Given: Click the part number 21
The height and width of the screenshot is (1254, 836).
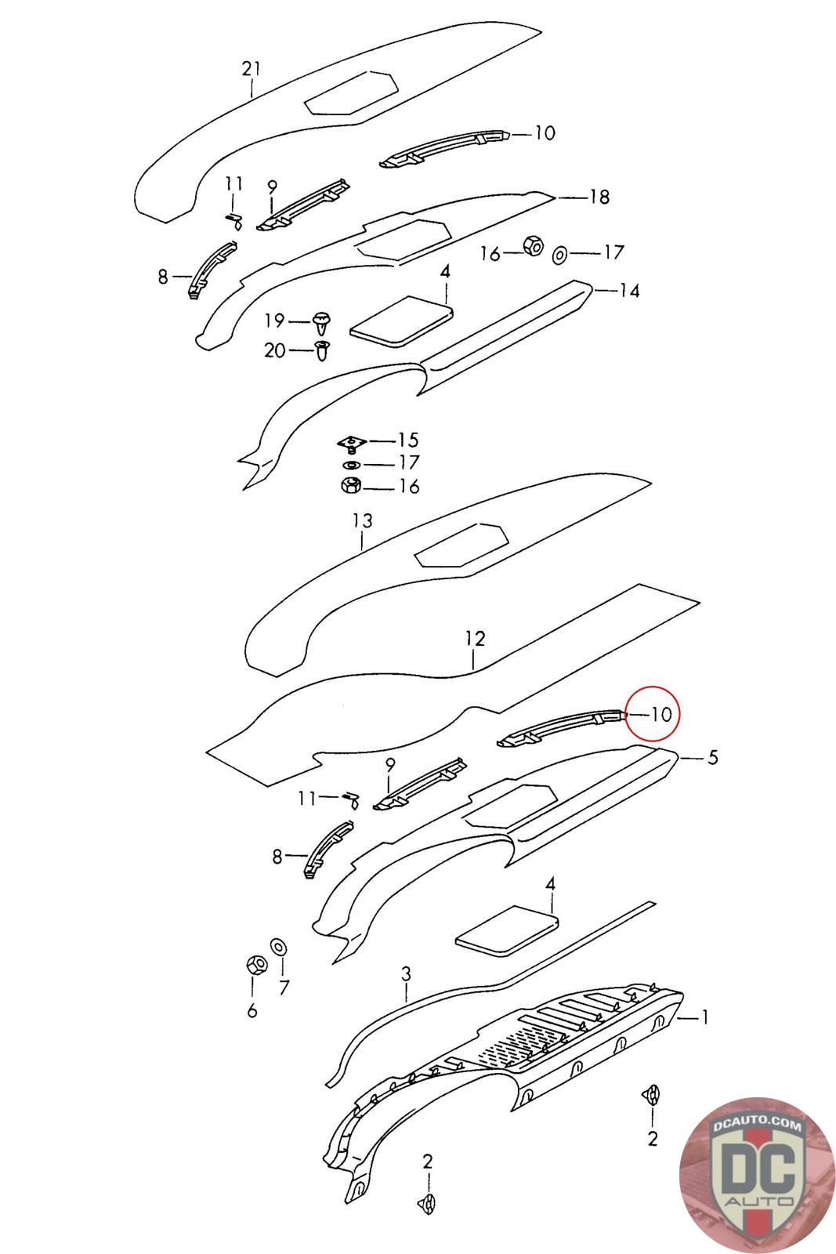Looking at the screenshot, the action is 251,69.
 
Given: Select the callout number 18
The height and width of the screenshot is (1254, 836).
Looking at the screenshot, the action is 599,197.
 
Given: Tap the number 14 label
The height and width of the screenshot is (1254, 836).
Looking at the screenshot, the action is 629,292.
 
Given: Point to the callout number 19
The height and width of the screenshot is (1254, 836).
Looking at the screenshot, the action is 273,321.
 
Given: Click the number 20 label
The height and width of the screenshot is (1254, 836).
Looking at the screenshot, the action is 274,350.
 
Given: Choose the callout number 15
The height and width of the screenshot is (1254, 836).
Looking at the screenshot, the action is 408,440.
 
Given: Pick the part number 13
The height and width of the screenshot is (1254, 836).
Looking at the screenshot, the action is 362,520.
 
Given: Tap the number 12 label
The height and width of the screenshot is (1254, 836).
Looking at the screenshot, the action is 476,639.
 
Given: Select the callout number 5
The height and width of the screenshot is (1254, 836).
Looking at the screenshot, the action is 712,758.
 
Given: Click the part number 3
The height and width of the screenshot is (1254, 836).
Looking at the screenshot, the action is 406,974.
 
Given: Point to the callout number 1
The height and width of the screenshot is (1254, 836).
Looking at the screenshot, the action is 705,1017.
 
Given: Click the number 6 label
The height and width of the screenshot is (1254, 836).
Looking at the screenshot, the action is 252,1011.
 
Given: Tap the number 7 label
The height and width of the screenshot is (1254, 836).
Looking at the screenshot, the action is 284,988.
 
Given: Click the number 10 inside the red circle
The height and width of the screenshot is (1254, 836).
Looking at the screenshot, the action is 661,714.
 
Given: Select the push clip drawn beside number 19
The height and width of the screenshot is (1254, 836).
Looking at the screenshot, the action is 321,321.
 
